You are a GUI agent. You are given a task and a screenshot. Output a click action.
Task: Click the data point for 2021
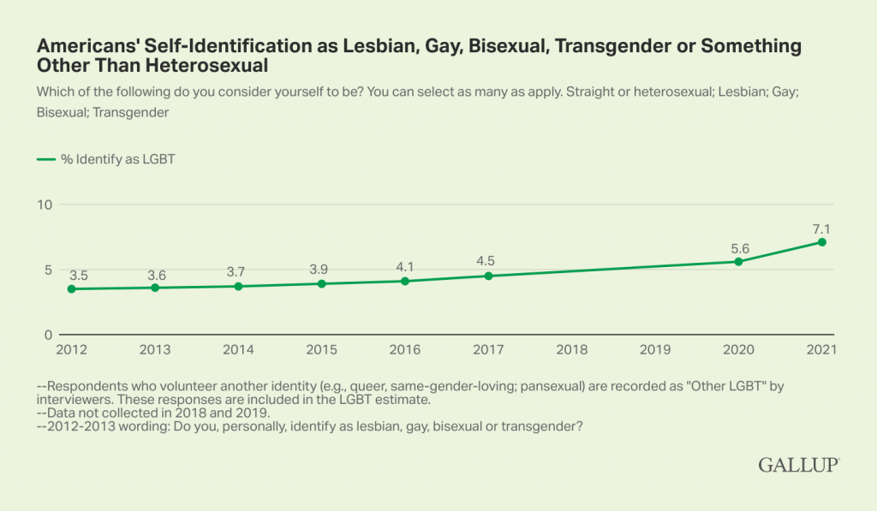tap(822, 242)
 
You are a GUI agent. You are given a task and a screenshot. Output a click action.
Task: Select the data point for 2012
tap(71, 289)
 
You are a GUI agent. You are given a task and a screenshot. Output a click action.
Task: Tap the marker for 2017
tap(488, 276)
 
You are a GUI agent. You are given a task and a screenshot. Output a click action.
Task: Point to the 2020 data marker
tap(738, 261)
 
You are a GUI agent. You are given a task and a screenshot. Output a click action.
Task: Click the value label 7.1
tap(822, 229)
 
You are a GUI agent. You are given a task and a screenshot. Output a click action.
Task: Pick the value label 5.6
tap(738, 247)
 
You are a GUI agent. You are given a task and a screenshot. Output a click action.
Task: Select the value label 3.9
tap(321, 270)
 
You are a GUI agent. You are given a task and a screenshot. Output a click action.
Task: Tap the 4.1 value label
tap(405, 266)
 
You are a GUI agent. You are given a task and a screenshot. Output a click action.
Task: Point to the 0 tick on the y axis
tap(48, 335)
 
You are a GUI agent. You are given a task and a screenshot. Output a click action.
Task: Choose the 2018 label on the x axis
tap(572, 350)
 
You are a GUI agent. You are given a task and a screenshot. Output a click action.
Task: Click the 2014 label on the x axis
tap(238, 350)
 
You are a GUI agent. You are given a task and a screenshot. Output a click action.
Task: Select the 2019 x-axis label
tap(655, 350)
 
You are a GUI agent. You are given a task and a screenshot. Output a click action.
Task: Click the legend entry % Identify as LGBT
tap(107, 158)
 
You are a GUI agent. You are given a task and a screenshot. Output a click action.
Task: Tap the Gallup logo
tap(798, 465)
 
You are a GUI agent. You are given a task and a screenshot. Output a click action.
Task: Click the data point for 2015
tap(321, 283)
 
